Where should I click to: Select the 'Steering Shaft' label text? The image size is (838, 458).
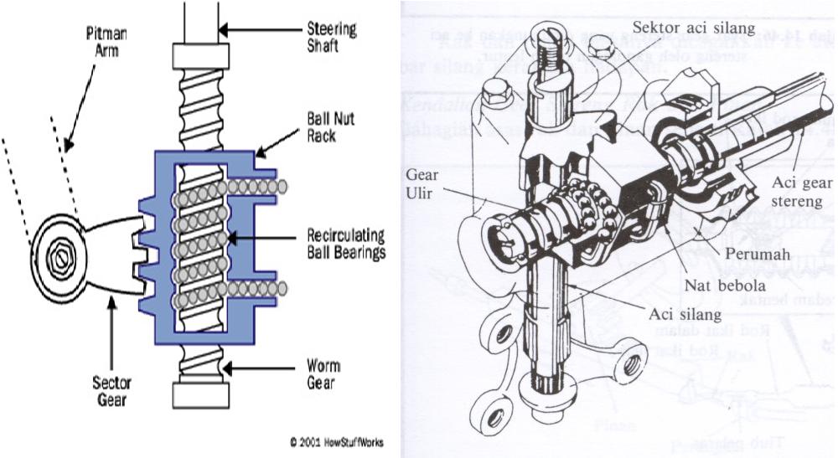pyautogui.click(x=333, y=38)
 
